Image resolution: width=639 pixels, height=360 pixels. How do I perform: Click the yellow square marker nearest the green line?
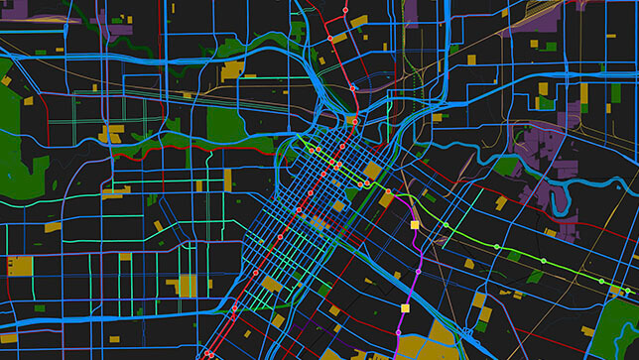click(416, 226)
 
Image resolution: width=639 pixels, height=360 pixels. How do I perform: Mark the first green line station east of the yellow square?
click(446, 227)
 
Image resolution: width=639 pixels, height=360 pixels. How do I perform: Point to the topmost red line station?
click(346, 12)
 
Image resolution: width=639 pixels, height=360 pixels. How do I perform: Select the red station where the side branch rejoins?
click(352, 87)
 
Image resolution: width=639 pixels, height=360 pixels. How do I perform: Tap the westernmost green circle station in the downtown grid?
click(310, 150)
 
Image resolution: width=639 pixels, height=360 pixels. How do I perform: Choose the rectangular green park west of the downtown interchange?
click(225, 124)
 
